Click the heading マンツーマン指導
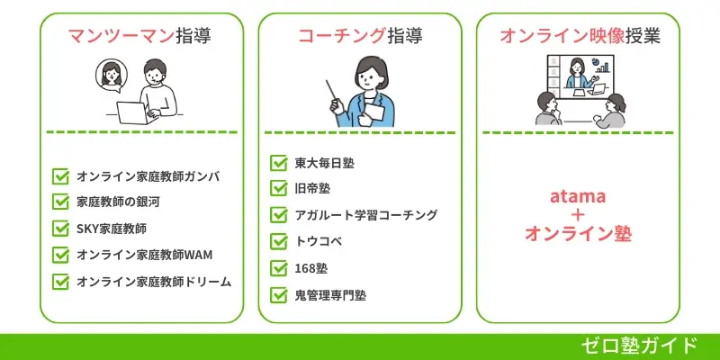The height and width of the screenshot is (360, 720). point(141,36)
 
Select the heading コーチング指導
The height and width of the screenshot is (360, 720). point(360,36)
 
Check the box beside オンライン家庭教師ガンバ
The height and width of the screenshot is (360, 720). point(61,176)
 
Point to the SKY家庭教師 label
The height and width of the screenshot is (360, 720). point(112,229)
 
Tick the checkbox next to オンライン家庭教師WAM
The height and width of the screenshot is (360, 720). point(61,255)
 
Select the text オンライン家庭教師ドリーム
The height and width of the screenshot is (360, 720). point(154,281)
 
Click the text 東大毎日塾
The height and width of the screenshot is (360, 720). point(325,163)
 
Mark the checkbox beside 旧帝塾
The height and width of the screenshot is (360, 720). point(279,189)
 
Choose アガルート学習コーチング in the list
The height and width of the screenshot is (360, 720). point(366,215)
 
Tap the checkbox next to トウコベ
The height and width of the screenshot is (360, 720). point(279,241)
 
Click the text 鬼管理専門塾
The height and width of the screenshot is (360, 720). point(330,294)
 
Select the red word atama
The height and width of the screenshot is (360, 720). point(577,195)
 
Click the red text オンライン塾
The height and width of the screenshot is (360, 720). point(577,234)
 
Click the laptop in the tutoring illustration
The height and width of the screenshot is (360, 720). point(133,112)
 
